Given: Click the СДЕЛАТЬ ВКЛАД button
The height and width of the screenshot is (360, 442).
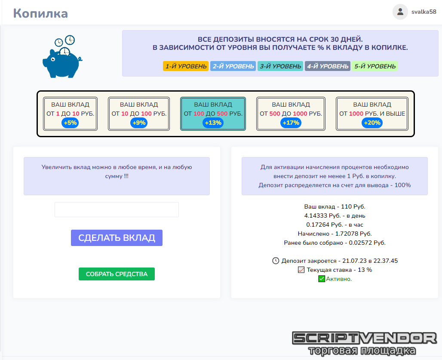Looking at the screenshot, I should click(117, 238).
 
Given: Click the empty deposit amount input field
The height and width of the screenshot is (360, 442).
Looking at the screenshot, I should click(117, 210).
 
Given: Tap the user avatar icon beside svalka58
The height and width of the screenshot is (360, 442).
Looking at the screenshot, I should click(400, 12).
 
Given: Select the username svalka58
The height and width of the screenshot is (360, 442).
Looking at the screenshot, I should click(424, 12).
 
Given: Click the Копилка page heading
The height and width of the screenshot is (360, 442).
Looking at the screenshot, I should click(40, 13).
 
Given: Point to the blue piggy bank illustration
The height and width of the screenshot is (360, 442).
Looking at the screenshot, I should click(62, 58).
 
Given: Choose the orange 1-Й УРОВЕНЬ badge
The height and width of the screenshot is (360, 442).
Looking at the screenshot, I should click(186, 66).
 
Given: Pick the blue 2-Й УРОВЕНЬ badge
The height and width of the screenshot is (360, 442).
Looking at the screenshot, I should click(233, 66).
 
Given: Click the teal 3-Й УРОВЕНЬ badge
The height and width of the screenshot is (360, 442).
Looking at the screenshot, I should click(280, 66).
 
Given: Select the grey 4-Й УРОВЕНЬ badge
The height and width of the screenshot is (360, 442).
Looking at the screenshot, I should click(328, 66).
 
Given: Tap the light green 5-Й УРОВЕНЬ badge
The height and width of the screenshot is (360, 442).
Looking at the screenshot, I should click(374, 66).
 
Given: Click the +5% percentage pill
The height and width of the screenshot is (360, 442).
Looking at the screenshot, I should click(70, 123).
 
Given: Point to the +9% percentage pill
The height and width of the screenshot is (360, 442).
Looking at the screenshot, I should click(139, 123).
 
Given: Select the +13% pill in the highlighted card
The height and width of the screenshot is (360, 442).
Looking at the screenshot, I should click(213, 123).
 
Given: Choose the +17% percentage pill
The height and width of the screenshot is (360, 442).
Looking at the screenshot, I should click(291, 123).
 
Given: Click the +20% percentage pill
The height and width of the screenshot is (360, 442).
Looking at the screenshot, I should click(372, 123).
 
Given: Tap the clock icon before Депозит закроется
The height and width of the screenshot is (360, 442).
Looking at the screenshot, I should click(276, 261).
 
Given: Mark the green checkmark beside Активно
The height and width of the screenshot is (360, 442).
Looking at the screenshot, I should click(322, 279).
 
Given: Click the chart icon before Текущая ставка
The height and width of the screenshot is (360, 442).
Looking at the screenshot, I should click(301, 270).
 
